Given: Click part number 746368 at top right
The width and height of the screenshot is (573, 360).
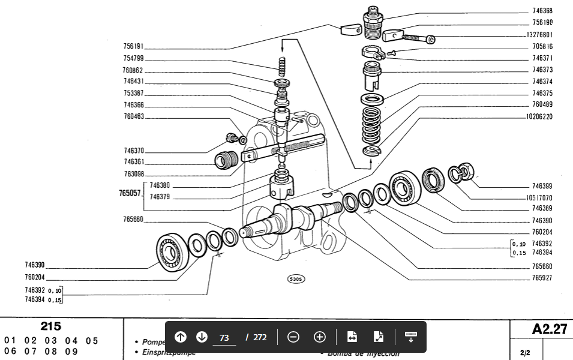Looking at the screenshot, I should [x=542, y=11].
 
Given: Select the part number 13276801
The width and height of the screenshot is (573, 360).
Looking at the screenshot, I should [x=540, y=34].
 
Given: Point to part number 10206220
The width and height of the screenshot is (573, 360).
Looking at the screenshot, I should [x=539, y=116].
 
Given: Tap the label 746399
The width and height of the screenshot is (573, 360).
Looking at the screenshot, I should [x=542, y=186].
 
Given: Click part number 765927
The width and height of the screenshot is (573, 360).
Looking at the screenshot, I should [x=542, y=278].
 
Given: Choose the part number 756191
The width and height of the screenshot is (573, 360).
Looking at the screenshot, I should [x=133, y=46].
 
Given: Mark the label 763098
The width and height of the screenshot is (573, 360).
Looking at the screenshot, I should [x=134, y=174].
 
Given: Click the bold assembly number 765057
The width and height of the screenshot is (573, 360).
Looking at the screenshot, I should [x=129, y=193].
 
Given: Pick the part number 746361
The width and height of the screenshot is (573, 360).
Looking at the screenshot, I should [x=134, y=162].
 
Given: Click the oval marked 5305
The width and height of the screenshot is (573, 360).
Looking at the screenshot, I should [x=296, y=279].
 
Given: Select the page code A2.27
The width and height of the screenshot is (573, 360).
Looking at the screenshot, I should [x=549, y=329].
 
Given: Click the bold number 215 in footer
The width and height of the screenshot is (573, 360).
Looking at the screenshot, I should [x=51, y=326].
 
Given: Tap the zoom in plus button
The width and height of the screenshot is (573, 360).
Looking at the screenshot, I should [x=320, y=337].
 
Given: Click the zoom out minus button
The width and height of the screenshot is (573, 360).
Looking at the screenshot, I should [x=293, y=337].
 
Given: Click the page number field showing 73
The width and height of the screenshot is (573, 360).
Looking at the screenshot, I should [x=224, y=337].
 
